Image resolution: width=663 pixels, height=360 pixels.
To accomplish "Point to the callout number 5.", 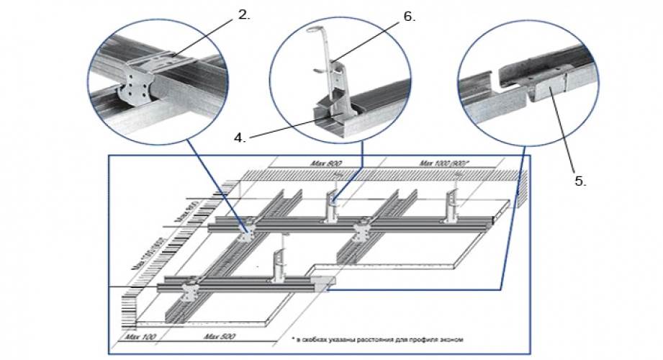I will coord(580,181).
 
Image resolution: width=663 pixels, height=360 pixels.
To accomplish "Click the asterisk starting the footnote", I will coord(294,338).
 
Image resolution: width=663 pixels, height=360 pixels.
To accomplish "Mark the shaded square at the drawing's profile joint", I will coord(325,282).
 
